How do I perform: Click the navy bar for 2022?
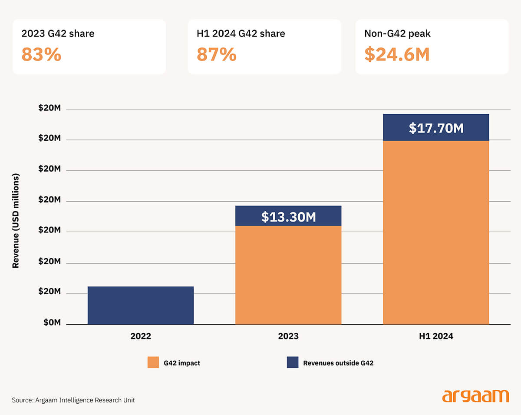pos(141,305)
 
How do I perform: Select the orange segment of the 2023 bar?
pos(288,275)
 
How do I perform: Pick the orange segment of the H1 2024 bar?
pos(436,232)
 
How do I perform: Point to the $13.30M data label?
pos(288,217)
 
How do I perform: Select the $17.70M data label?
pos(436,128)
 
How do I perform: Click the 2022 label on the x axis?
pos(141,336)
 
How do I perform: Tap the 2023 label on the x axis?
pos(288,336)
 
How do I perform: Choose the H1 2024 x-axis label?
pos(436,336)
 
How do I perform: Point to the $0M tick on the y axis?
pos(52,324)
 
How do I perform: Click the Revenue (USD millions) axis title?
pos(16,221)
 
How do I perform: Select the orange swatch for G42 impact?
pos(153,362)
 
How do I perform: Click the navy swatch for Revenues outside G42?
pos(293,362)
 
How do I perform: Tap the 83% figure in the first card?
pos(41,55)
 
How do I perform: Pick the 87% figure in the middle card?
pos(217,55)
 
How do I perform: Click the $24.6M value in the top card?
pos(397,55)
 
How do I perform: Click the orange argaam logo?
pos(475,396)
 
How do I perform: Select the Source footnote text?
pos(73,400)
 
